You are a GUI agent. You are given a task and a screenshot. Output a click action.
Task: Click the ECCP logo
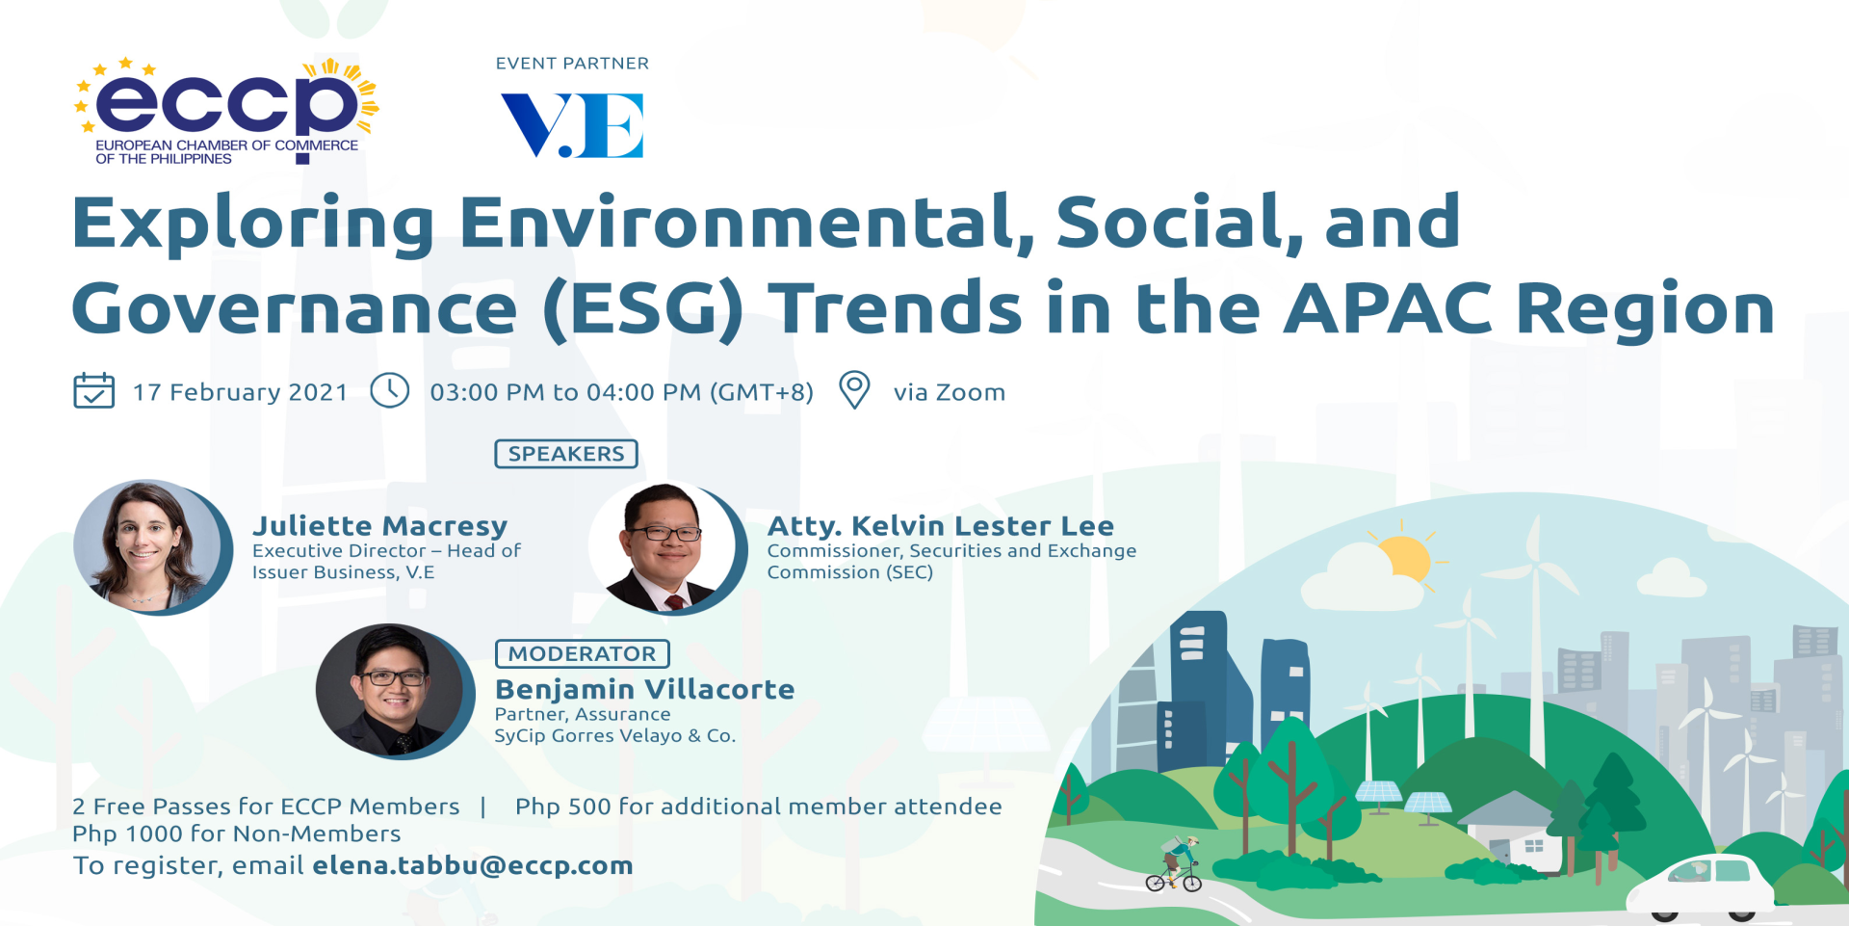(227, 111)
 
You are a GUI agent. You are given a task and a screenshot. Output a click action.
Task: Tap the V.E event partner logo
(572, 125)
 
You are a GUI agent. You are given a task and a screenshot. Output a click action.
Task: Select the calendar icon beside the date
(93, 390)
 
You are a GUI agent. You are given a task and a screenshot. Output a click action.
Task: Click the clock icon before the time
(390, 390)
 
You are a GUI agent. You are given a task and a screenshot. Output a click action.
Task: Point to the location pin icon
(854, 390)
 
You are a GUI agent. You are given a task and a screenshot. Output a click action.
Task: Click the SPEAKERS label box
(566, 454)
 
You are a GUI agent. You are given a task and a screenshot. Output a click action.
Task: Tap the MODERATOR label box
(582, 653)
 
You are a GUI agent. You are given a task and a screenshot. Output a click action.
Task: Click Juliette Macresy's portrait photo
(152, 547)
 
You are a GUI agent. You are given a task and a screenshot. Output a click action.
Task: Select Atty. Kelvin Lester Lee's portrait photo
(667, 547)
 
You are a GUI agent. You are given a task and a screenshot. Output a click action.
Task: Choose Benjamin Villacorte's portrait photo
(395, 691)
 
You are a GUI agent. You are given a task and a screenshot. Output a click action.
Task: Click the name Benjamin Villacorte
(644, 689)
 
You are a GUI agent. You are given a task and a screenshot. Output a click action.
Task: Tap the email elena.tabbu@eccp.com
(473, 865)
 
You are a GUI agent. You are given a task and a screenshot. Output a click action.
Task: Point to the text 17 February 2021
(240, 392)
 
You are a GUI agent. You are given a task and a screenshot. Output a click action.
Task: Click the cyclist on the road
(1176, 863)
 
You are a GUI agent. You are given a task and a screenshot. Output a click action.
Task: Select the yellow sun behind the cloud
(1405, 560)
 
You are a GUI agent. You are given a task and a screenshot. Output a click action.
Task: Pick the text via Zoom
(950, 392)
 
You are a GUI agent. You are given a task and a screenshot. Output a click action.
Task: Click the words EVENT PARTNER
(572, 64)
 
